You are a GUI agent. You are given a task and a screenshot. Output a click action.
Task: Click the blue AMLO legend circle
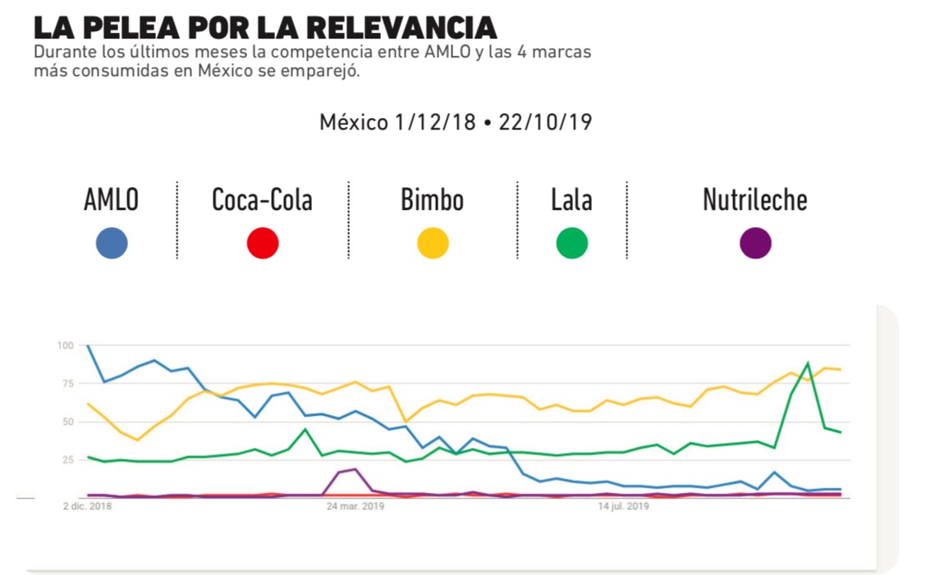click(112, 244)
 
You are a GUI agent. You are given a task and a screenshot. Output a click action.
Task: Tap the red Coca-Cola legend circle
click(263, 244)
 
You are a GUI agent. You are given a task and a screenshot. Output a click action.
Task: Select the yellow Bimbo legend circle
click(433, 244)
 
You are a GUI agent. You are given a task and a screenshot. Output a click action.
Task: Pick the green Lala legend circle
click(571, 244)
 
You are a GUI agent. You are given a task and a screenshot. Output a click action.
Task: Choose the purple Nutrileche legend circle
click(755, 244)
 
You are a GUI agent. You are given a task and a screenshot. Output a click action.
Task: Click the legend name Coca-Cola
click(262, 200)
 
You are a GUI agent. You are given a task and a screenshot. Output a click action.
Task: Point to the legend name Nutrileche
click(754, 200)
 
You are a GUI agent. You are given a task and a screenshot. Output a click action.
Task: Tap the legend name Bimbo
click(432, 200)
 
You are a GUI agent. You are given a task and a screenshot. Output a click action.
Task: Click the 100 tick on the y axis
click(66, 345)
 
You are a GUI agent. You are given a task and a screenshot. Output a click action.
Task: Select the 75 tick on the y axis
click(68, 384)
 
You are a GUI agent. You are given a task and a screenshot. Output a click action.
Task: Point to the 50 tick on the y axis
click(68, 422)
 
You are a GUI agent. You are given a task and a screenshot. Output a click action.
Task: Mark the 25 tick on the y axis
click(68, 460)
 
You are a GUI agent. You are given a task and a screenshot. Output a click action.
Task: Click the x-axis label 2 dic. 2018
click(88, 507)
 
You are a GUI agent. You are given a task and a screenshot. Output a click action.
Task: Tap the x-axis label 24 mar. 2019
click(355, 507)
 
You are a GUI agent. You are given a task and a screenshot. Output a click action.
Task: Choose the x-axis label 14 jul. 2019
click(624, 507)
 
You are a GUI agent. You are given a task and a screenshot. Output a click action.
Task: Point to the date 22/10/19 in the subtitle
click(545, 123)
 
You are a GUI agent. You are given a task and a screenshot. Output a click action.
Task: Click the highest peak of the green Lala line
click(808, 363)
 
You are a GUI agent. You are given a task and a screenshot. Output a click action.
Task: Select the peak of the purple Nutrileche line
click(355, 469)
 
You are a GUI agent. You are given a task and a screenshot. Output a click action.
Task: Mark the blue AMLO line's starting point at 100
click(88, 346)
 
